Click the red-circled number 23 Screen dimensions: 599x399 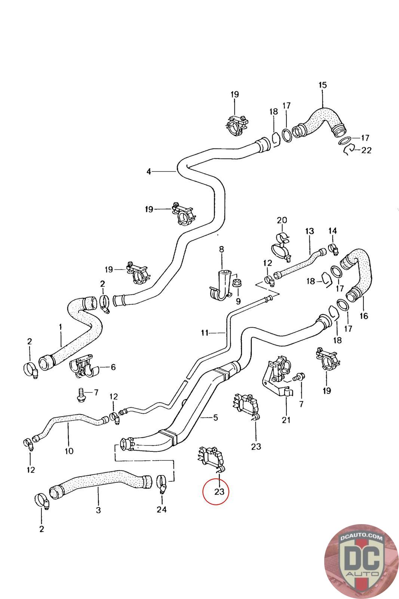(x=219, y=491)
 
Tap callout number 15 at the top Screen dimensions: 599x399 (x=322, y=85)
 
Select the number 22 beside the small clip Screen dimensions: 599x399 (x=366, y=150)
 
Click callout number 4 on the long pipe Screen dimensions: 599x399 (x=149, y=171)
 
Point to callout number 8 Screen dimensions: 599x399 (x=221, y=249)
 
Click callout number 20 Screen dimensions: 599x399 (x=282, y=220)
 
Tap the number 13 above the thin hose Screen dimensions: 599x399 (x=310, y=231)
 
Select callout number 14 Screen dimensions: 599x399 (x=332, y=231)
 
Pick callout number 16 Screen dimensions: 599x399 (x=363, y=316)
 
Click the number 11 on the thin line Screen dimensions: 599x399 (x=205, y=332)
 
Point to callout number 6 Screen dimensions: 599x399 (x=113, y=367)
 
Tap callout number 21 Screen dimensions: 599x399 (x=286, y=420)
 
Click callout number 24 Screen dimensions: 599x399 (x=162, y=509)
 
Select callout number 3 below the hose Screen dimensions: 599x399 (x=98, y=510)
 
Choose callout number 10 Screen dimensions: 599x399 (x=69, y=451)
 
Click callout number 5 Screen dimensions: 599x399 (x=215, y=417)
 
